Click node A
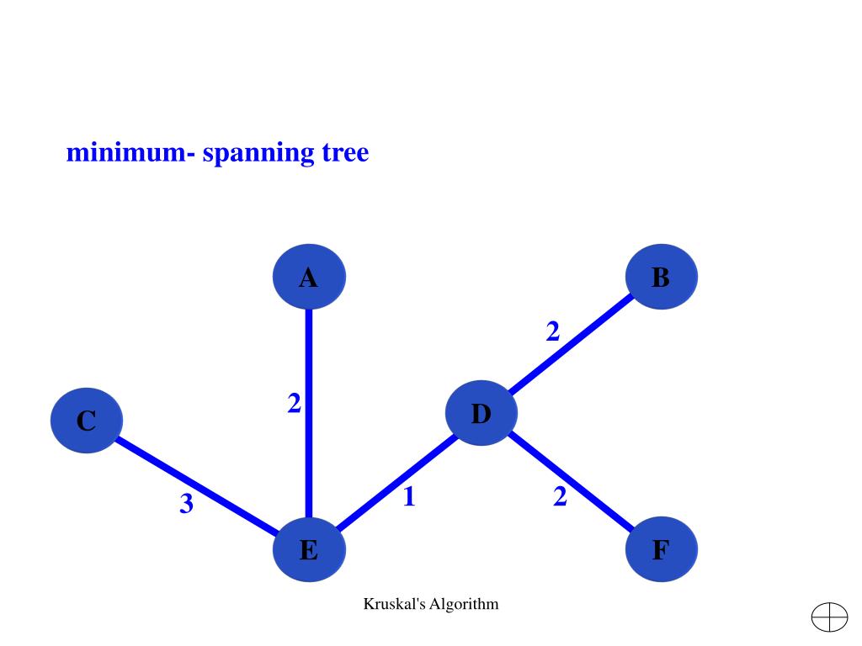click(309, 277)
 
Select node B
click(662, 277)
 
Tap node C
click(87, 420)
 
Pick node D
click(481, 413)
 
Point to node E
click(309, 550)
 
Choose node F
click(662, 550)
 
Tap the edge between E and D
click(395, 482)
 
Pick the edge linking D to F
click(571, 481)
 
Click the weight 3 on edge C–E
click(186, 504)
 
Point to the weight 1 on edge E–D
click(409, 497)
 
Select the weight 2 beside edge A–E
click(294, 405)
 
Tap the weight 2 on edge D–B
click(552, 332)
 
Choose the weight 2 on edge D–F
click(561, 497)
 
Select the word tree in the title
click(345, 153)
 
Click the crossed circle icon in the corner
click(829, 617)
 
